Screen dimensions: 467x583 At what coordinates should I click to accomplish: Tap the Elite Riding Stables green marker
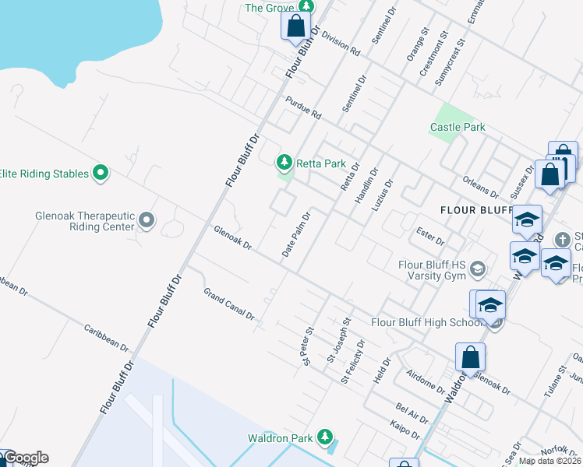pos(100,173)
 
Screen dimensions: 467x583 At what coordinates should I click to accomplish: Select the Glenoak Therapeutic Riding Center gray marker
pos(147,223)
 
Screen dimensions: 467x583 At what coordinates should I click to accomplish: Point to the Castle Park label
pos(458,127)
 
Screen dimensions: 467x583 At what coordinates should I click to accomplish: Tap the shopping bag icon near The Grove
pos(296,26)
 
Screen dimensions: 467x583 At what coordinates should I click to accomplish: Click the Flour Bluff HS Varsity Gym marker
pos(477,269)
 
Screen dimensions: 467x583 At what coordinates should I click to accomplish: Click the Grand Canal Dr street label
pos(229,304)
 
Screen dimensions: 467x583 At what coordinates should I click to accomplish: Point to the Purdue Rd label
pos(303,107)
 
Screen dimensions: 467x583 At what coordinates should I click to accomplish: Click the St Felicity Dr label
pos(353,361)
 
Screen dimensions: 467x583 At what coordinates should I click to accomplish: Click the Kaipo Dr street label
pos(405,430)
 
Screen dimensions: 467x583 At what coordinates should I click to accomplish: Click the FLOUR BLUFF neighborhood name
pos(475,210)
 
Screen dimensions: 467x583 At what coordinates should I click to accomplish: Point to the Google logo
pos(25,458)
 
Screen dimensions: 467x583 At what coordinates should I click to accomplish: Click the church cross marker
pos(561,240)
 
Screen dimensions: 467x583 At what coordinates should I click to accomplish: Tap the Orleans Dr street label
pos(480,187)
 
